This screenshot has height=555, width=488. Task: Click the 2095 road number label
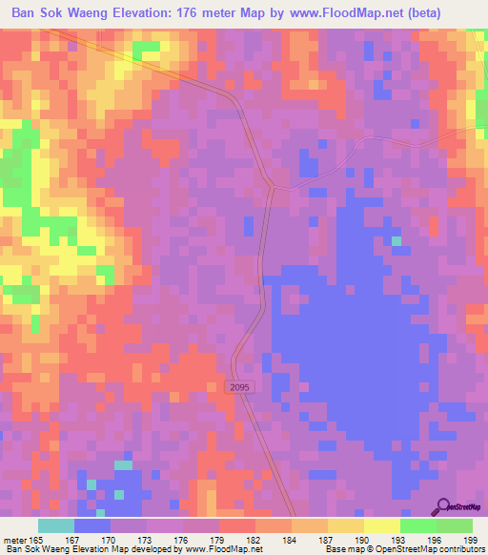[239, 385]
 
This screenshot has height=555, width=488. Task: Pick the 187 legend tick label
[328, 539]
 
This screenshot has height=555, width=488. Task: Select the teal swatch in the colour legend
[56, 525]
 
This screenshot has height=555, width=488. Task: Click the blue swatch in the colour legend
[92, 525]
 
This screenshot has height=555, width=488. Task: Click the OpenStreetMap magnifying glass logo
[444, 506]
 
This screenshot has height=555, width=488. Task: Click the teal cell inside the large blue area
[396, 240]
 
